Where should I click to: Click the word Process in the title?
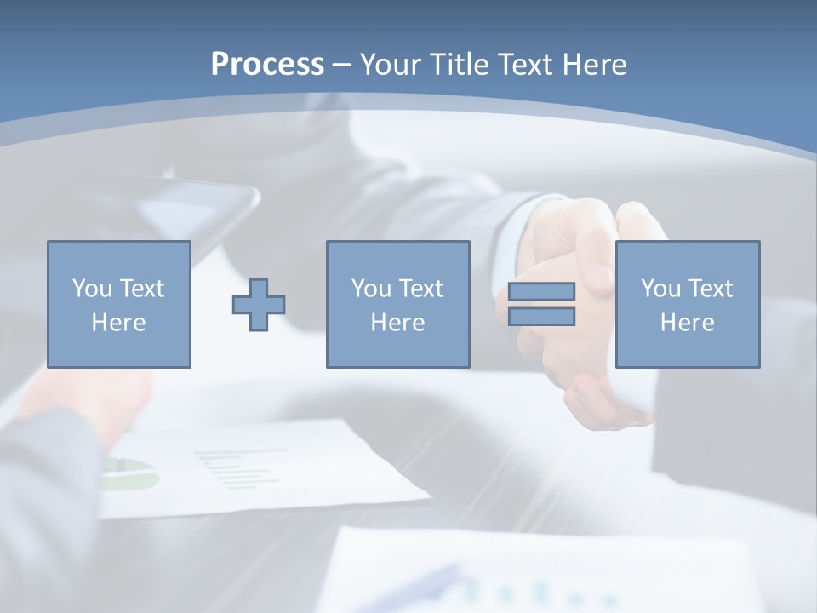pos(267,65)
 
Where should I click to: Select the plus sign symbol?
pos(259,305)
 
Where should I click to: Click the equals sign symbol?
pos(541,305)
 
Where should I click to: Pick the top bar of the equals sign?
pos(541,292)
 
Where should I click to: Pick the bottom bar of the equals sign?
pos(541,317)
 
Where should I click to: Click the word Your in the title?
pos(388,65)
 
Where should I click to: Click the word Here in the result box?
pos(688,323)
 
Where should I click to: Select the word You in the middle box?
pos(371,289)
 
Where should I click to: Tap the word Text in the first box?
pos(143,289)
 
